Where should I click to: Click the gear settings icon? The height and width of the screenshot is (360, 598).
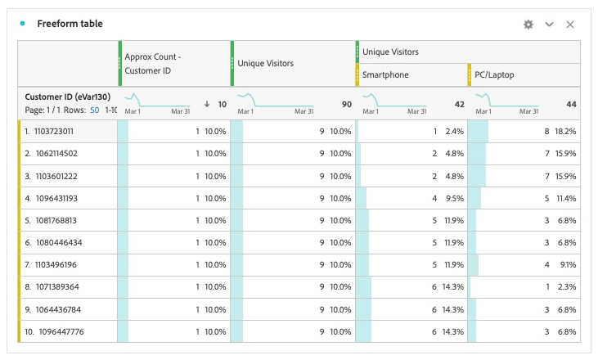528,25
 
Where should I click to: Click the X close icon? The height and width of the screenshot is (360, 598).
570,25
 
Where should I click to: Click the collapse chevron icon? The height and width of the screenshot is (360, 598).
550,25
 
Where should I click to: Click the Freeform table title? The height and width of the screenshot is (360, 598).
70,24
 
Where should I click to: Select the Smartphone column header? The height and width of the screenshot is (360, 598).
385,75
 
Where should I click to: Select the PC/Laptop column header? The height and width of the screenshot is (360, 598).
495,75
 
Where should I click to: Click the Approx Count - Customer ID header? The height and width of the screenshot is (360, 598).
153,64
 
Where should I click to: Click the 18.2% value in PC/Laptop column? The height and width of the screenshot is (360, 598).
565,131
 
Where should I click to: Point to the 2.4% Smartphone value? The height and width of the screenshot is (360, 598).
455,131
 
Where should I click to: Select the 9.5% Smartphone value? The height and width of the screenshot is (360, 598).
455,198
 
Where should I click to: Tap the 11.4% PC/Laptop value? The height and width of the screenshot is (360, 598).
565,198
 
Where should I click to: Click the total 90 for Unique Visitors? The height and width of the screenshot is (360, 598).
346,105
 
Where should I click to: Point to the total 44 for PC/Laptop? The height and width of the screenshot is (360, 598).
570,105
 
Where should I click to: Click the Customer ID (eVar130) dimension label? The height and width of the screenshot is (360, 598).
67,97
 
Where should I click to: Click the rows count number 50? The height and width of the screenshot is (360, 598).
95,110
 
